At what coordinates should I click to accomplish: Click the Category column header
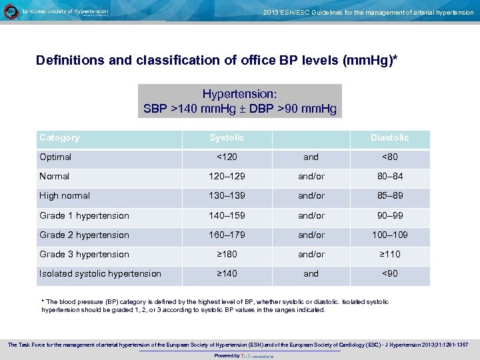59,138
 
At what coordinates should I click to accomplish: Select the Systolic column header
227,138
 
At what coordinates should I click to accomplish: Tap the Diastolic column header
389,138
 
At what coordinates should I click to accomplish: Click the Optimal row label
55,157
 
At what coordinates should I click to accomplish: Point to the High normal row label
65,196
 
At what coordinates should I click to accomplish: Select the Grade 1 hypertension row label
84,216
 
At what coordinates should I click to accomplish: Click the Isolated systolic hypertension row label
100,274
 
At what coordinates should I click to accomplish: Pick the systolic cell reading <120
227,157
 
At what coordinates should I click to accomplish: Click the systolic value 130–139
227,196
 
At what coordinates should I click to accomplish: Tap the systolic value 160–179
227,235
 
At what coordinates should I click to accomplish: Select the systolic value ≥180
227,255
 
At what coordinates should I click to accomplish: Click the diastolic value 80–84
389,177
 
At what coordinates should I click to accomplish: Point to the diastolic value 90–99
389,216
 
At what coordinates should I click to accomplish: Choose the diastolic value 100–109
389,235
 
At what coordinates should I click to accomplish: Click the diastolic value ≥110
389,255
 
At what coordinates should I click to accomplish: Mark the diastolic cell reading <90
389,274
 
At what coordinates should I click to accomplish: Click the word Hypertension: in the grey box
239,95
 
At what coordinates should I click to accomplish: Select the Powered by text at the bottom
227,356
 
